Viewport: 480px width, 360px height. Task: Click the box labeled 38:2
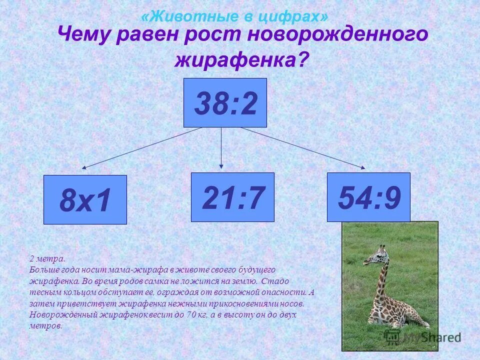(225, 102)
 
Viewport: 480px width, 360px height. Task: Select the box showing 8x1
(85, 199)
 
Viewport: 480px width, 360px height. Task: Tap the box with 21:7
(232, 197)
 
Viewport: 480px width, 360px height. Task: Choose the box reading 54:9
(368, 197)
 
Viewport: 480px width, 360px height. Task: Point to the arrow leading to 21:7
(221, 147)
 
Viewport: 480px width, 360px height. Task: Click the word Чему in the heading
(84, 35)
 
